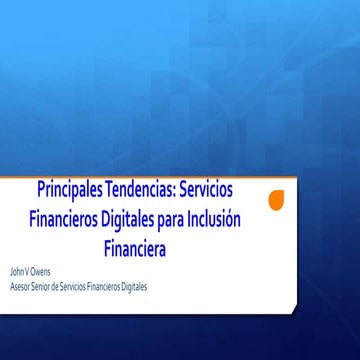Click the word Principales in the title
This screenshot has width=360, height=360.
[70, 190]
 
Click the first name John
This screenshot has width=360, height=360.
[16, 272]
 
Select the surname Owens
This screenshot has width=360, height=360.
[40, 272]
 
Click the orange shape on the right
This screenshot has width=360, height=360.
[278, 200]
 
